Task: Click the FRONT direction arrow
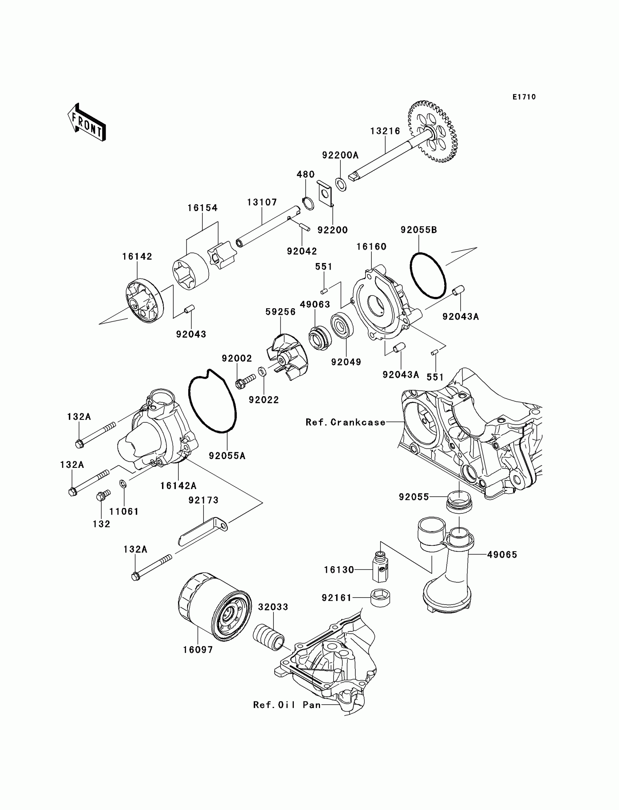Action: (x=87, y=123)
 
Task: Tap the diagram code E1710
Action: (x=524, y=97)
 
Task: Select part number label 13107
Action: (x=262, y=202)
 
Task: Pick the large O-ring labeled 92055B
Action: (x=428, y=275)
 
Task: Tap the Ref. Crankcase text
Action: (x=346, y=422)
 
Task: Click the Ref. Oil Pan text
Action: (x=287, y=705)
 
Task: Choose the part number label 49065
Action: (x=502, y=555)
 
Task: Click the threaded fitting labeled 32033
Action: (x=269, y=637)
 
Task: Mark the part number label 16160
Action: (x=371, y=246)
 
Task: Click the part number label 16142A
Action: (x=178, y=486)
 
